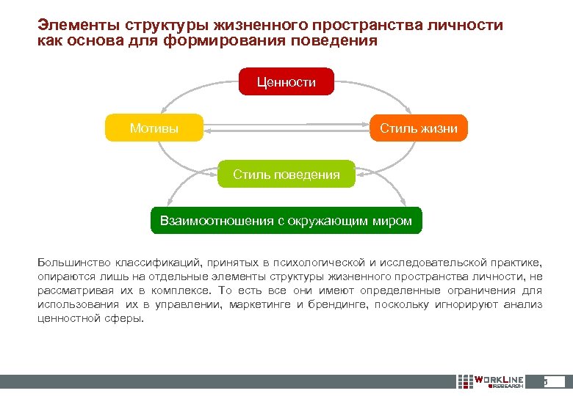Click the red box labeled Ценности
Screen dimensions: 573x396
(x=286, y=82)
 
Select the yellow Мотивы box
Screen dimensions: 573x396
(x=154, y=128)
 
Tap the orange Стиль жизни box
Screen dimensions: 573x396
(x=418, y=128)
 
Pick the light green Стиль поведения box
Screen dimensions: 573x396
(x=286, y=175)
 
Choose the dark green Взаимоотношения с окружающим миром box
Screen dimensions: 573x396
(x=286, y=221)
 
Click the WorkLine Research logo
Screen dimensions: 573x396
(x=490, y=382)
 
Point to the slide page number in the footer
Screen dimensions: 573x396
(x=546, y=382)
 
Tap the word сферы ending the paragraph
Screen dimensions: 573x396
(x=126, y=318)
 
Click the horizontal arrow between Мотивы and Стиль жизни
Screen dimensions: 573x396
(x=286, y=129)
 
